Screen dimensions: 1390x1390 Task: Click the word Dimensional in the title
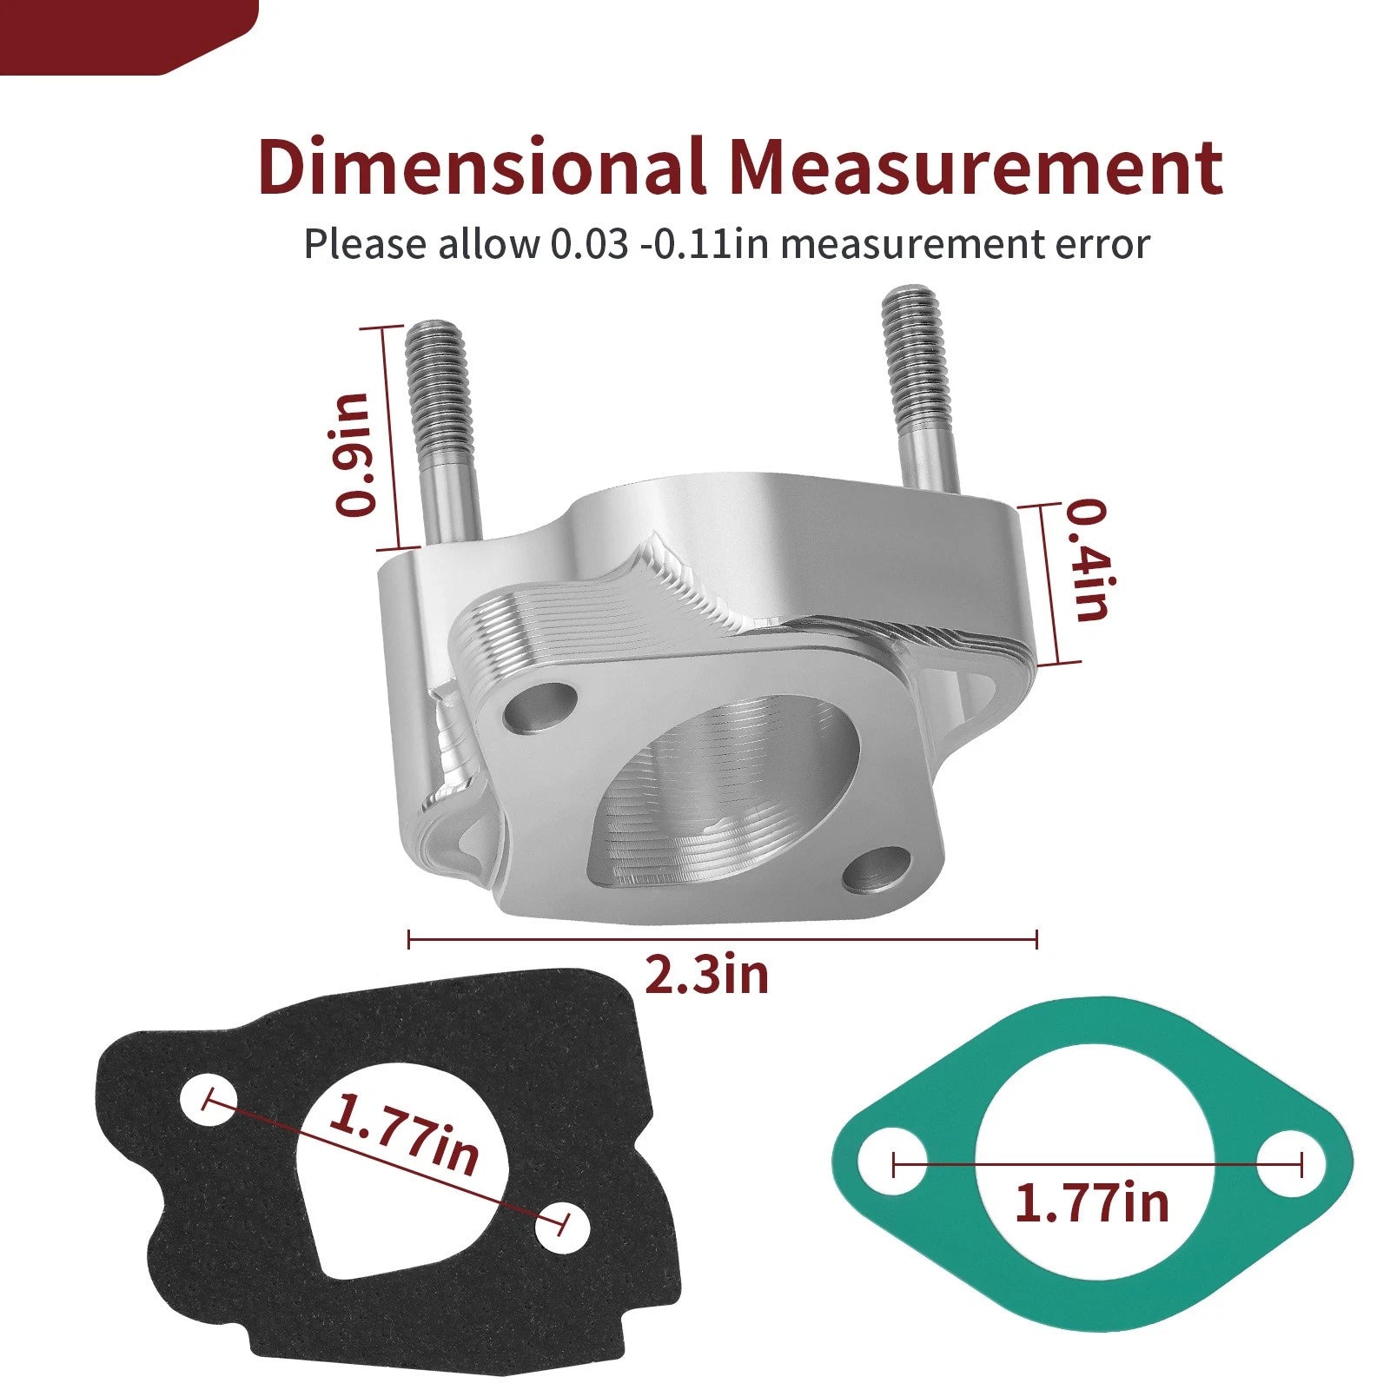click(482, 165)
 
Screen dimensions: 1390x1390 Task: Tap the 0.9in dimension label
click(355, 454)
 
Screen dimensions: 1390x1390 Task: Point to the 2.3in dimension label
click(706, 975)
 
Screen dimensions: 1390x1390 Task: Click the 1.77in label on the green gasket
click(1092, 1203)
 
